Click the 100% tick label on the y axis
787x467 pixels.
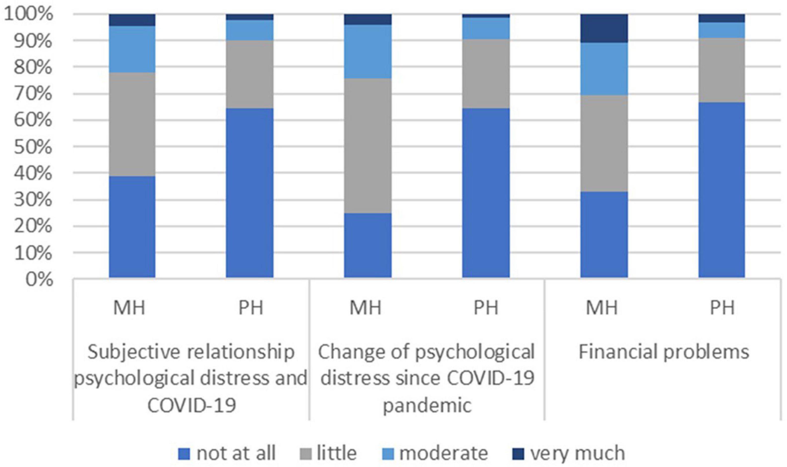[28, 15]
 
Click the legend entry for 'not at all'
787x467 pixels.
[227, 453]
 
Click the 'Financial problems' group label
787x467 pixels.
[664, 352]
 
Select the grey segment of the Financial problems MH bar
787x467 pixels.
[604, 143]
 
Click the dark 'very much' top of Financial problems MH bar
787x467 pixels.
[604, 28]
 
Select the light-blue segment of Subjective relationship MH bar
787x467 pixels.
[132, 49]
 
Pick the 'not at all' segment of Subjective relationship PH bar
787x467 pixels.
[249, 193]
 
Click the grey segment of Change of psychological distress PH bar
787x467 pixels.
[486, 74]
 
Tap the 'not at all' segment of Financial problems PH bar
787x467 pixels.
[721, 190]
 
